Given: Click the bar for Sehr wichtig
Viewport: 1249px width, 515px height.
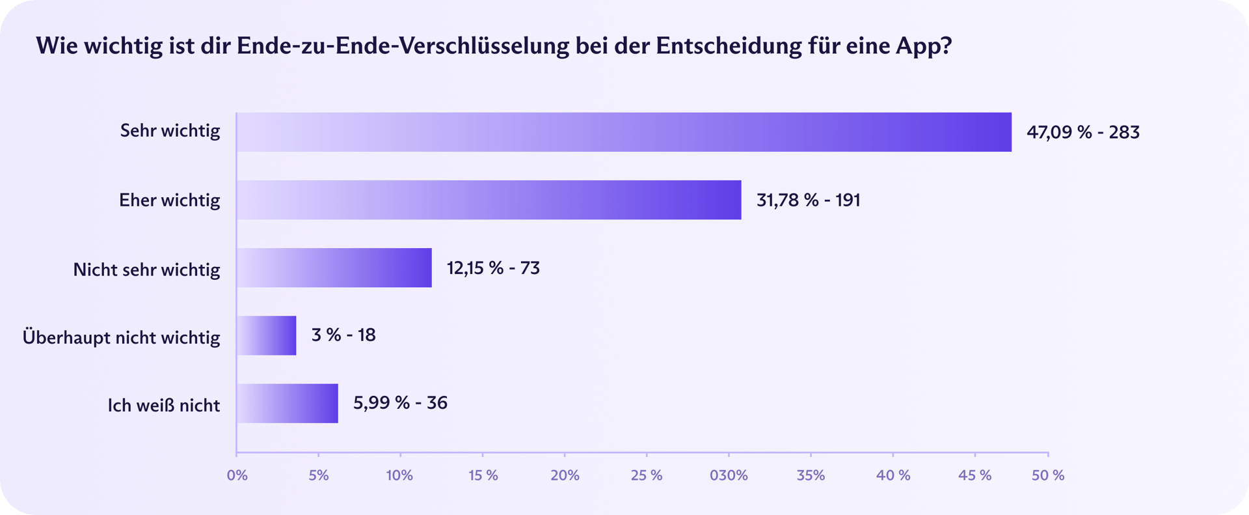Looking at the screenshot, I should pos(623,132).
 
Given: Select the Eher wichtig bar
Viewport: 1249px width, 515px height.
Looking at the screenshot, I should pos(489,200).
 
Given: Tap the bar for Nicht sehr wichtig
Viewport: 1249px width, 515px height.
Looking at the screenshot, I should pos(334,268).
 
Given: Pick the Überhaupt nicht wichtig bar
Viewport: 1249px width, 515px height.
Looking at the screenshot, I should pos(266,335).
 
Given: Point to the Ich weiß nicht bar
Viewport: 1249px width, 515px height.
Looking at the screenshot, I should pos(287,403).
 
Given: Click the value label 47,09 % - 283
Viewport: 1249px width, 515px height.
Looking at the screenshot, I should pos(1083,132).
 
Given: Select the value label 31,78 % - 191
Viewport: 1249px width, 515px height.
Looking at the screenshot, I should pos(808,200).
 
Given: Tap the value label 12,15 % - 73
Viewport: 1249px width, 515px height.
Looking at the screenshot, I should pos(493,268).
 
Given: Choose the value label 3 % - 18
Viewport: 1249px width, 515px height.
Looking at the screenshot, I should pos(343,335).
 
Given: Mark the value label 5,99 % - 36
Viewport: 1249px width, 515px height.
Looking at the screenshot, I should pos(400,403).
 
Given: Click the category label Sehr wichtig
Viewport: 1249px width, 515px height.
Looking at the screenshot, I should pos(170,131).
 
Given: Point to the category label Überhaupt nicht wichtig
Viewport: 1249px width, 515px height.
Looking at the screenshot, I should pos(122,337).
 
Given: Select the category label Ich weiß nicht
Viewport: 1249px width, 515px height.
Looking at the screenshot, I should pos(164,406).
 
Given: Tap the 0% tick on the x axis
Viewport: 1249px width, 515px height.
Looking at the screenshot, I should pos(237,475).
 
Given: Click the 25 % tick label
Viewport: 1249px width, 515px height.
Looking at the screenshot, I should pos(647,475).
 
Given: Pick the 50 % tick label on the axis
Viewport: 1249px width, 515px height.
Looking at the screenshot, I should pos(1048,475).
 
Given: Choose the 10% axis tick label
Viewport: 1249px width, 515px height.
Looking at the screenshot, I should pos(399,475).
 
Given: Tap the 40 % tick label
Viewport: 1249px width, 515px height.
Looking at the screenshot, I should pos(893,475).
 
